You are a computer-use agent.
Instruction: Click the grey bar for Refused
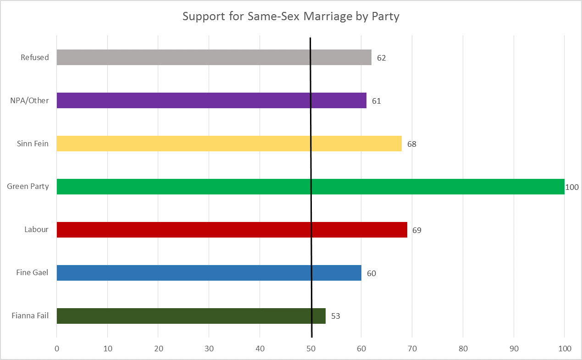tap(214, 57)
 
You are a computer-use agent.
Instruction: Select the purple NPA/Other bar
tap(211, 100)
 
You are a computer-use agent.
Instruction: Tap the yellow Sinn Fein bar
tap(229, 144)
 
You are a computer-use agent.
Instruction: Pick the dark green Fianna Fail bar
tap(191, 316)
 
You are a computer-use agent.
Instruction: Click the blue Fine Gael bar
tap(209, 273)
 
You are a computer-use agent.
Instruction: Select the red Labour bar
tap(232, 230)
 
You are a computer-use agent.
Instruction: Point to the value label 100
tap(572, 187)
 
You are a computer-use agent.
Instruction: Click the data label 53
tap(335, 316)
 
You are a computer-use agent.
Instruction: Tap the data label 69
tap(416, 230)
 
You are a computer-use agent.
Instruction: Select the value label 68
tap(411, 144)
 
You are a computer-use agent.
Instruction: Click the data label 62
tap(381, 58)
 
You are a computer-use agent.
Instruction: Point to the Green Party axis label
tap(28, 187)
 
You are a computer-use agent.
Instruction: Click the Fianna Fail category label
tap(30, 316)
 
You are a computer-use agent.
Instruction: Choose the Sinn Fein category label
tap(32, 144)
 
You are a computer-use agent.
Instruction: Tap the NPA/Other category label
tap(29, 100)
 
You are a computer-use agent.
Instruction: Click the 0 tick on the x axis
tap(57, 349)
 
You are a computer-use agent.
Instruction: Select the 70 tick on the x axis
tap(412, 349)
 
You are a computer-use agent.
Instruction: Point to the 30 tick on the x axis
tap(209, 349)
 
